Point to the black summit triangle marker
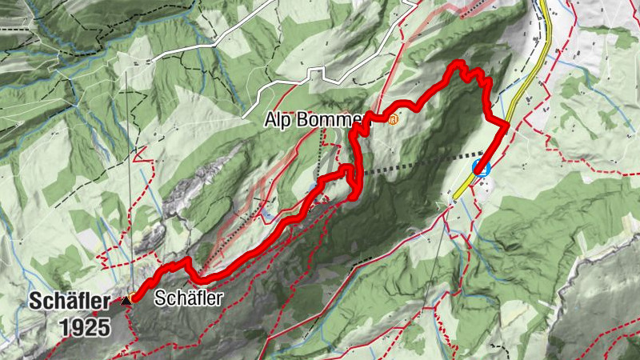(x=126, y=301)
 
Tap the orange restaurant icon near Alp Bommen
(x=393, y=120)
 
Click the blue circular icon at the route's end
(x=481, y=167)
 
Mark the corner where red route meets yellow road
(x=507, y=124)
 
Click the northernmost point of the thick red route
(x=458, y=62)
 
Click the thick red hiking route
(x=264, y=241)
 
